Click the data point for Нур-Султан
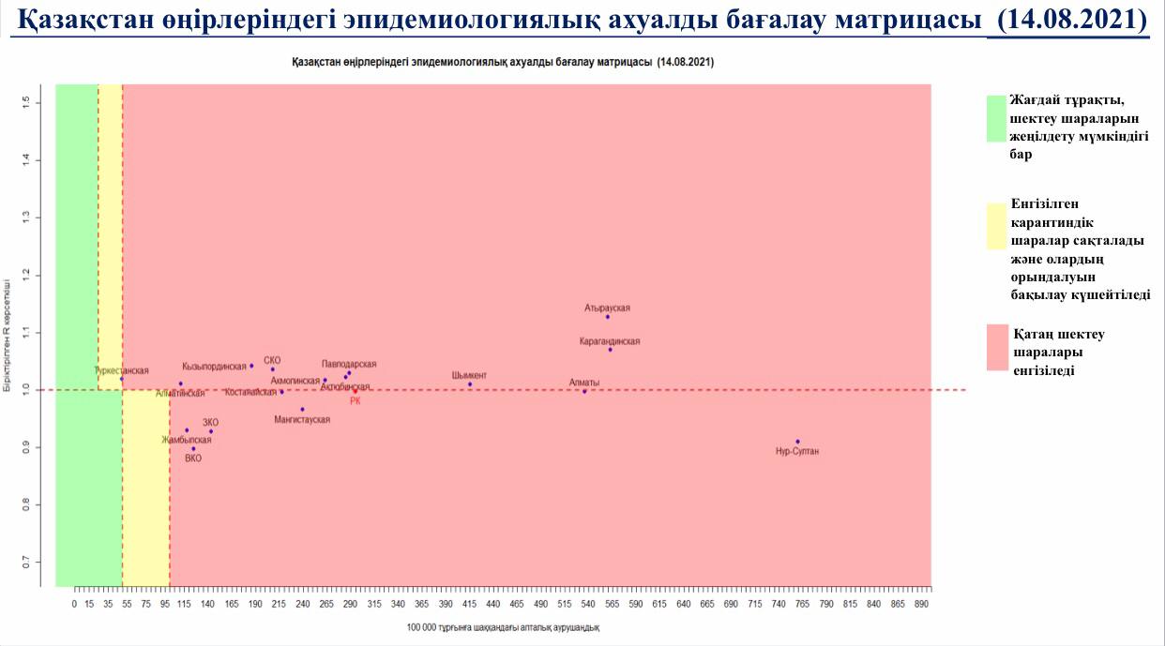pos(797,441)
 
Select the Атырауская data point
pos(608,317)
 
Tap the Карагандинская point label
pos(610,341)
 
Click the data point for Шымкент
pos(470,384)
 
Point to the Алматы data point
pos(584,391)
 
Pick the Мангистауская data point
pos(302,409)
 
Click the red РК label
pos(355,401)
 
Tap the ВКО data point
pos(193,448)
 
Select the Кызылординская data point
pos(251,366)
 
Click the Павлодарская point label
pos(349,364)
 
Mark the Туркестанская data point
pos(121,379)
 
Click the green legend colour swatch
pos(996,118)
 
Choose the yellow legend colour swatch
pos(996,226)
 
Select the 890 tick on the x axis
pos(922,605)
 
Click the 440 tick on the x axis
pos(493,605)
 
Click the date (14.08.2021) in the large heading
pos(1067,19)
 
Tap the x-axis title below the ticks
pos(503,627)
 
